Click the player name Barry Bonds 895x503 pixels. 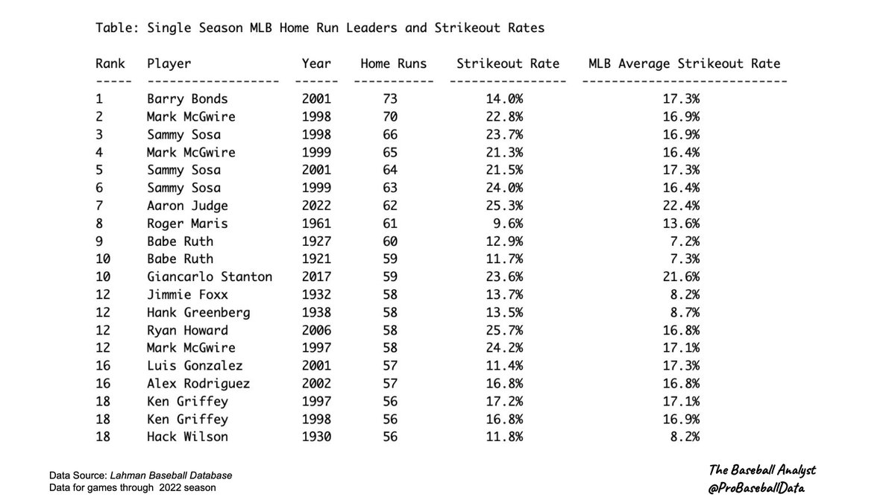click(x=187, y=99)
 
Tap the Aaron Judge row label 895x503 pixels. click(x=187, y=206)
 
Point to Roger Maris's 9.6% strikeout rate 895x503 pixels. click(x=508, y=224)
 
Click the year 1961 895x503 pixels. click(x=316, y=224)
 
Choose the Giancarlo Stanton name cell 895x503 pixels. click(x=210, y=277)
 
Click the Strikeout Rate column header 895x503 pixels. click(x=508, y=64)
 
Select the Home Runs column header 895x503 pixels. click(x=394, y=64)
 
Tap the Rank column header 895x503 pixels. click(x=110, y=64)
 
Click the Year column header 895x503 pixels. click(x=316, y=64)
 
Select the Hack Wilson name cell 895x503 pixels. click(x=187, y=437)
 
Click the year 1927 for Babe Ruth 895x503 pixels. click(x=316, y=241)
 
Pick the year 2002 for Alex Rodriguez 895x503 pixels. click(x=316, y=384)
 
